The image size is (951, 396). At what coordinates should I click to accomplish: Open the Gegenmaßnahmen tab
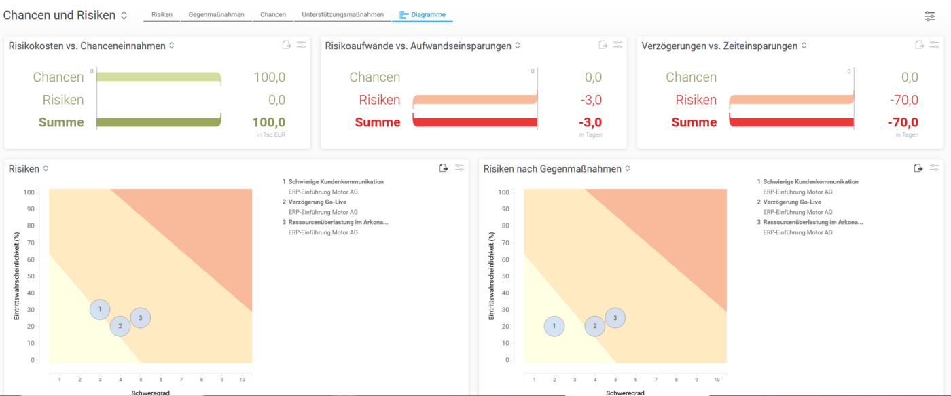tap(216, 14)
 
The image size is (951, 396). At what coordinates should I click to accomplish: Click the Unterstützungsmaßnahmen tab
tap(342, 14)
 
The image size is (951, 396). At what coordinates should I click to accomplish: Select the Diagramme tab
tap(423, 14)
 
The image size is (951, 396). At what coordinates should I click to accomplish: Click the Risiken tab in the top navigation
tap(162, 14)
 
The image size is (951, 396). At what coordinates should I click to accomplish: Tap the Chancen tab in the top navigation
tap(273, 14)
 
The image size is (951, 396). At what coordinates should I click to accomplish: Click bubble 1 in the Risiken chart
tap(100, 310)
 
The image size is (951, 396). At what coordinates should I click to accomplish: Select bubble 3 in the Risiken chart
tap(141, 317)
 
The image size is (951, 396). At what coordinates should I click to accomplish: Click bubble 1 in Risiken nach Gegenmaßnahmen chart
tap(554, 326)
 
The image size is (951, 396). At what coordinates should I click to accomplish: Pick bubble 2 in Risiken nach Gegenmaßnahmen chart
tap(595, 326)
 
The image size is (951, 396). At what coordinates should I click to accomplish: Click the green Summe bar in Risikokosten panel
tap(159, 122)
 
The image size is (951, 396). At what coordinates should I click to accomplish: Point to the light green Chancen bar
tap(159, 77)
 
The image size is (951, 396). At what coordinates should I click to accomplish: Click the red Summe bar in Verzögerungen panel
tap(791, 122)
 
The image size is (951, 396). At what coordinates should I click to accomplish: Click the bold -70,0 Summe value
tap(903, 122)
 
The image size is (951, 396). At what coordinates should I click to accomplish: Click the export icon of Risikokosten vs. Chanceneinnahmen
tap(287, 45)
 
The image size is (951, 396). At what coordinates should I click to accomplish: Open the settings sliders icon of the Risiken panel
tap(460, 168)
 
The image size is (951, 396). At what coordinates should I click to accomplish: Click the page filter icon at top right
tap(929, 16)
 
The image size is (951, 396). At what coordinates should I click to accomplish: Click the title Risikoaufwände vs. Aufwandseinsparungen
tap(418, 46)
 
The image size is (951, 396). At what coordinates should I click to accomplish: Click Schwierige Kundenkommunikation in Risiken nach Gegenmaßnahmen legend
tap(810, 182)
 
